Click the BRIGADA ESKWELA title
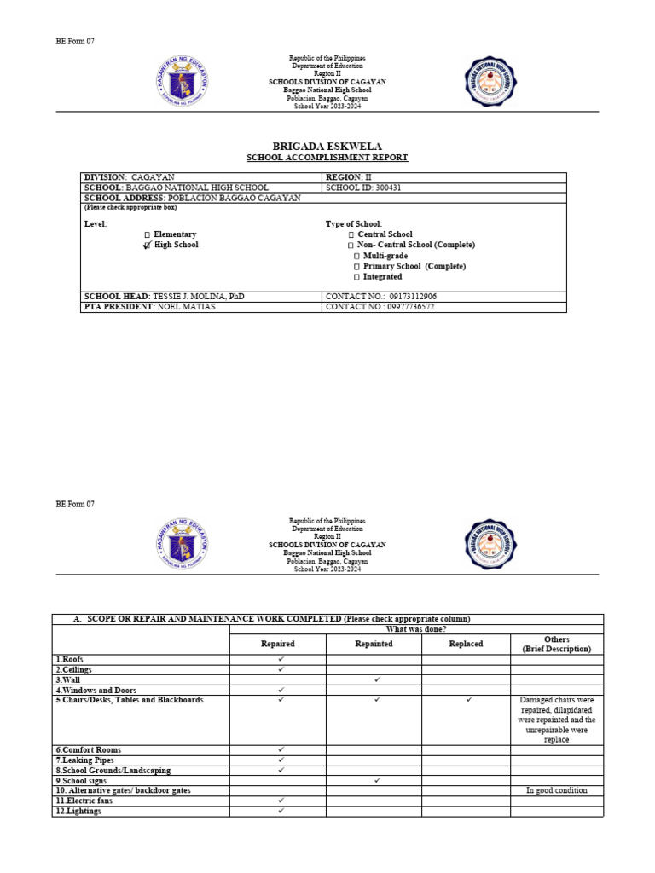(327, 145)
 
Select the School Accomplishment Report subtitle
(327, 158)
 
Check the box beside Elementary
(148, 234)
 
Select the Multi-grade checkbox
(356, 256)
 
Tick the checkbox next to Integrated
(356, 277)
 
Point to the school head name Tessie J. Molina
(199, 296)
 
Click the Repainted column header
(374, 644)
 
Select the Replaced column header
(466, 644)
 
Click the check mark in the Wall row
(376, 679)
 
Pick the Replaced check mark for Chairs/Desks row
(468, 700)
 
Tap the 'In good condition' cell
(557, 790)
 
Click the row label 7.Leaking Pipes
(84, 760)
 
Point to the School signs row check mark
(376, 780)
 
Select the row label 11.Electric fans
(85, 801)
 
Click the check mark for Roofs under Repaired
(281, 659)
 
